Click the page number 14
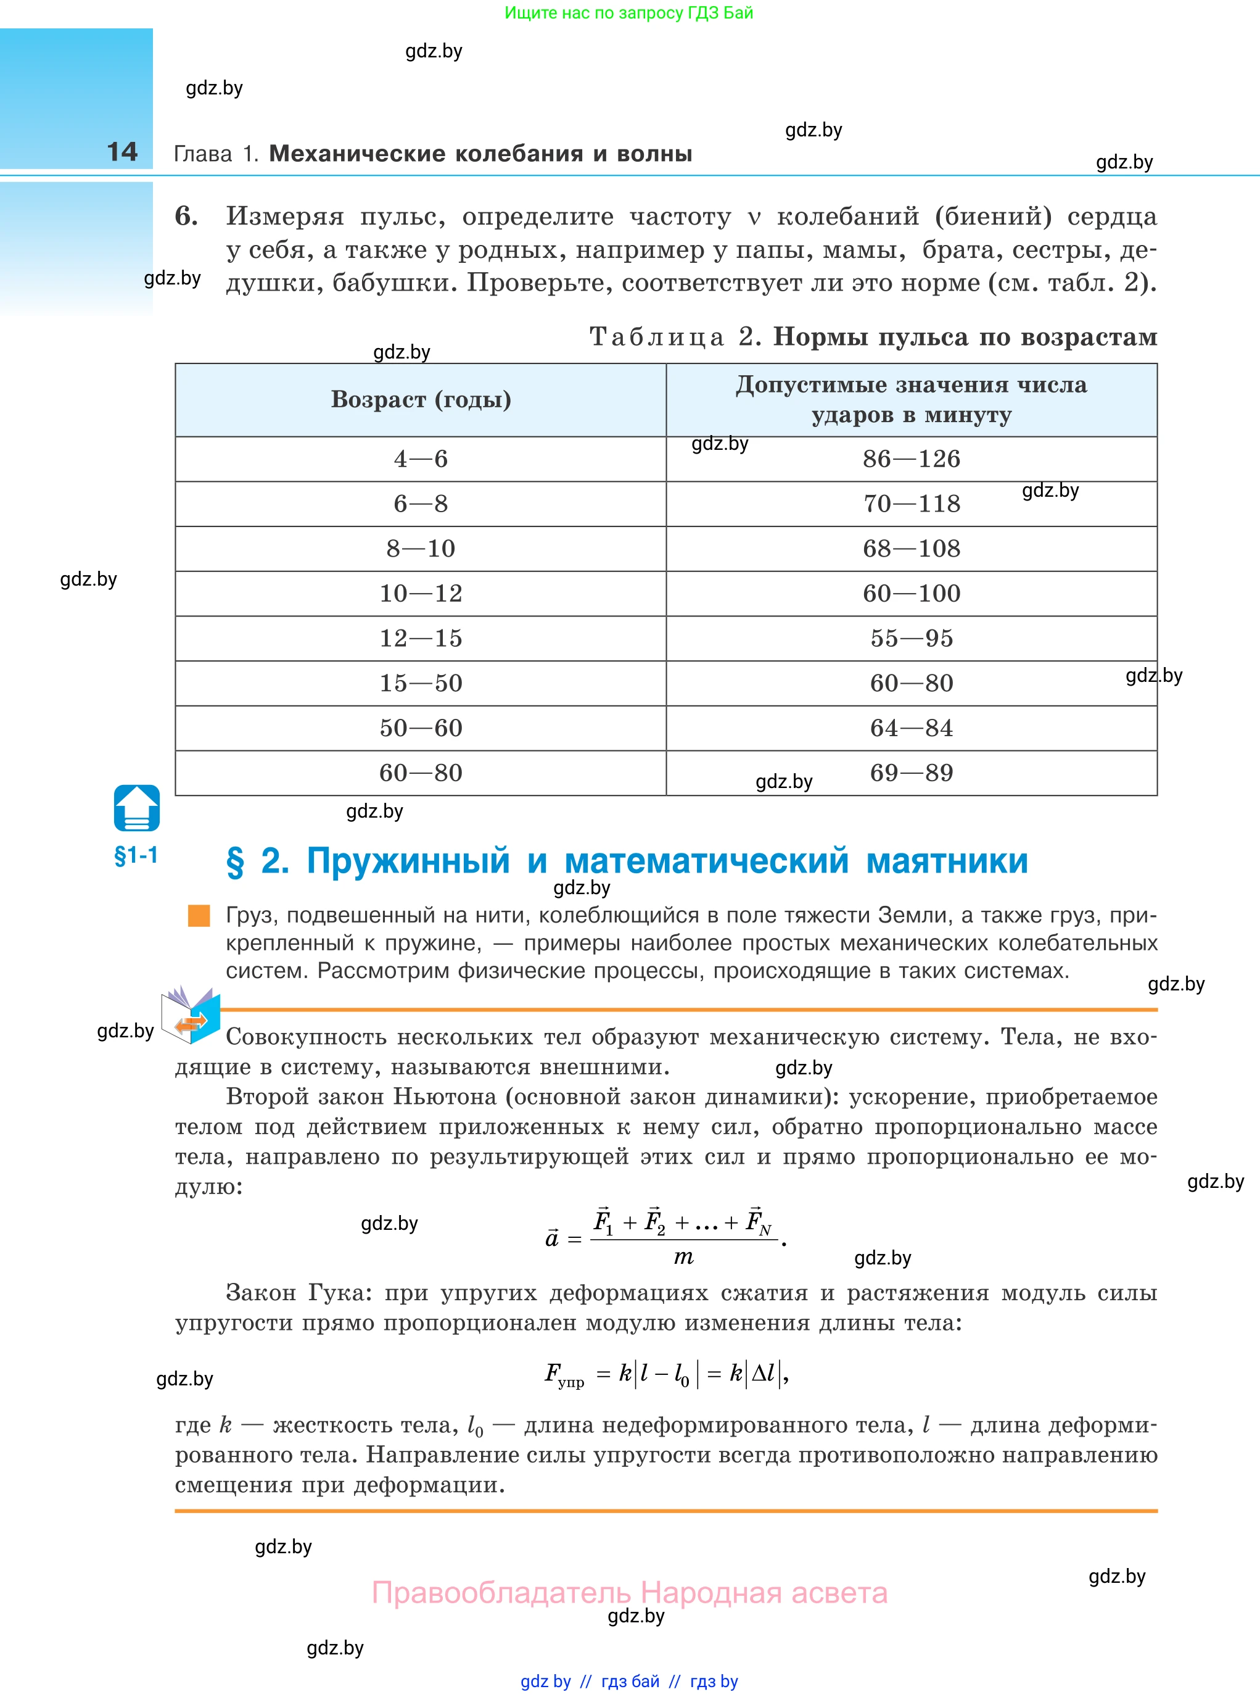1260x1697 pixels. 122,151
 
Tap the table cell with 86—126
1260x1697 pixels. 911,458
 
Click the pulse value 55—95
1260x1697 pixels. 911,638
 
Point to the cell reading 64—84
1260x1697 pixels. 911,728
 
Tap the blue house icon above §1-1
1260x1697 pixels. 136,807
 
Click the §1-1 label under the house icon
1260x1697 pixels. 136,855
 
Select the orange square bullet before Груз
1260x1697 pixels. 199,916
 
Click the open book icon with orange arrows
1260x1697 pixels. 191,1015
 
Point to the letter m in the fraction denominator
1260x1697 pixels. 683,1258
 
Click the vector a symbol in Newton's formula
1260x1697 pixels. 552,1239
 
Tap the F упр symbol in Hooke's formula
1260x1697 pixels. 563,1375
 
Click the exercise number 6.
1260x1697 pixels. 186,216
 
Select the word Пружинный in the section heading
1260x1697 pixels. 408,861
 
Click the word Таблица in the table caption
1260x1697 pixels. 656,336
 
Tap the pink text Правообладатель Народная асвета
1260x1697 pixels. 629,1593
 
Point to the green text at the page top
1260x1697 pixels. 628,13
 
